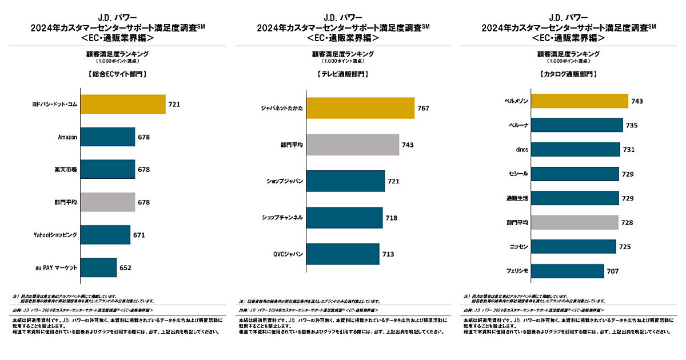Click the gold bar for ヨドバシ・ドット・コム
122,105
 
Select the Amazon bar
107,137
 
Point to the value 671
139,235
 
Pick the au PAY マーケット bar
98,267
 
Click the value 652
126,267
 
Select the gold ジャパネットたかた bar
360,108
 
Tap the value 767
423,108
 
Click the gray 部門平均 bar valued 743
352,145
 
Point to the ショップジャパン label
285,181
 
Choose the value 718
391,218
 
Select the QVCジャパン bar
342,254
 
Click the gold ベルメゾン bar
580,101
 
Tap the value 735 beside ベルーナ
632,125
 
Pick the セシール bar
575,174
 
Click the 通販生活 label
517,198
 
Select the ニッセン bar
573,246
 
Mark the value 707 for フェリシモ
613,271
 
